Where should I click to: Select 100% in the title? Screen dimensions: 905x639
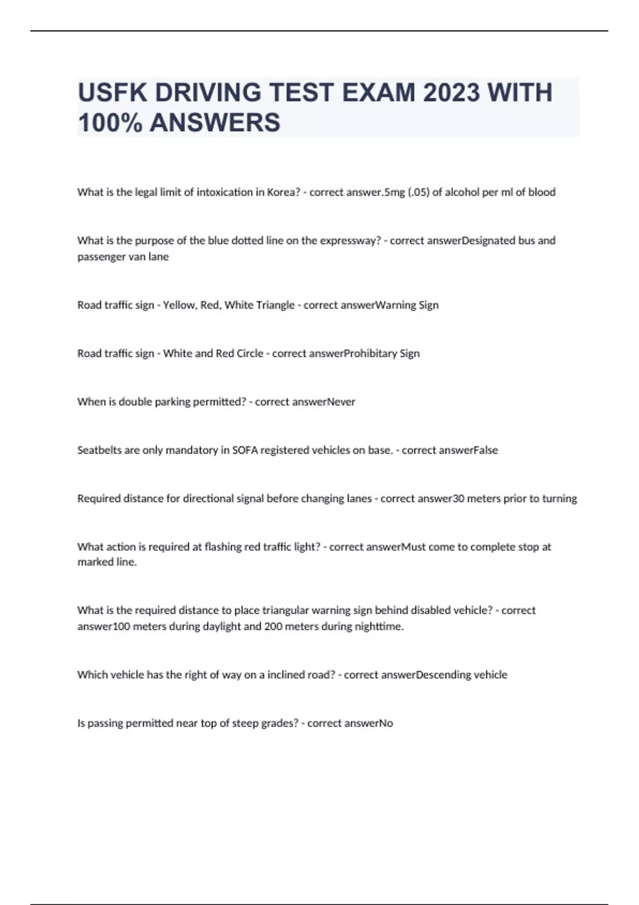[110, 122]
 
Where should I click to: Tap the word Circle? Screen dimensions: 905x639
[247, 353]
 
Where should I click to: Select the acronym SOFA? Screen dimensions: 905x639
[245, 450]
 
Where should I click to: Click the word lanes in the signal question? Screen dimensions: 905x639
[357, 499]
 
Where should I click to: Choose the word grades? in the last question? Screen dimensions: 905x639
[277, 723]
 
